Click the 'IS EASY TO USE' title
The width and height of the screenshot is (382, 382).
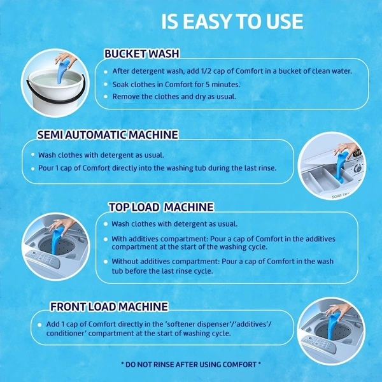click(232, 22)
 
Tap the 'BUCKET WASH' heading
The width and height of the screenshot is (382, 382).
click(142, 53)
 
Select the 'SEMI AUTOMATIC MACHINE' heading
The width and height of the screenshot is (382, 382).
click(108, 135)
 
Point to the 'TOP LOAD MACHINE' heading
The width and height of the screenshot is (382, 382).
click(161, 207)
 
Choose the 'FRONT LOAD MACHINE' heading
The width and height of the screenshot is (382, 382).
click(109, 306)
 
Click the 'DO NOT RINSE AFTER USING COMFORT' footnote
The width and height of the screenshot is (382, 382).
click(191, 364)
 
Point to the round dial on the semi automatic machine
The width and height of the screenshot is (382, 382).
click(358, 168)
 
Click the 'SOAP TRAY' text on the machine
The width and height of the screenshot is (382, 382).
click(341, 195)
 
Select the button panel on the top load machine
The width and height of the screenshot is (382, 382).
click(43, 258)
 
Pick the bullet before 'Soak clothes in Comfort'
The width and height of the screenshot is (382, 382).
click(106, 84)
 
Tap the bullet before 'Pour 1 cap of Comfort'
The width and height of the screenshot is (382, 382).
click(33, 168)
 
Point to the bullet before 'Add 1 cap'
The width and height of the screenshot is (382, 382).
click(39, 325)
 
